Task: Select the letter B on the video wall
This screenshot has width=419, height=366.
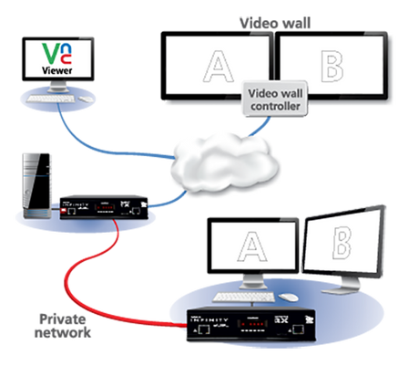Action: tap(331, 67)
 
